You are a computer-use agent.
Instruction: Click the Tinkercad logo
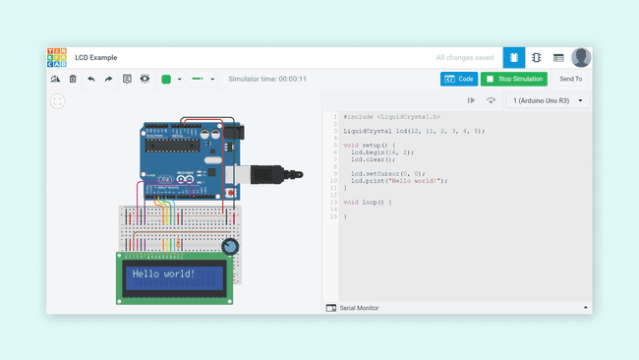click(x=57, y=58)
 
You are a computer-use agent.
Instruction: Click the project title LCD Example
click(x=96, y=58)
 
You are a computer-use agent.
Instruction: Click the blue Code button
click(x=458, y=79)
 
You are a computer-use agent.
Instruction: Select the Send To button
click(x=570, y=79)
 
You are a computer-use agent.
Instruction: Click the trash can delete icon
click(x=73, y=79)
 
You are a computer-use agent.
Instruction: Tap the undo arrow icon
click(x=91, y=79)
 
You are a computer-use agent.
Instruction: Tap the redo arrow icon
click(x=108, y=79)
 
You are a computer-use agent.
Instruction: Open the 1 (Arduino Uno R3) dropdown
click(x=548, y=100)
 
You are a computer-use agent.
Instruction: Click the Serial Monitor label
click(x=359, y=308)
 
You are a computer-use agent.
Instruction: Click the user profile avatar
click(x=581, y=58)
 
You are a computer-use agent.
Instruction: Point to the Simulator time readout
click(x=267, y=79)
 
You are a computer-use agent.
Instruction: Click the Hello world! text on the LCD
click(x=163, y=274)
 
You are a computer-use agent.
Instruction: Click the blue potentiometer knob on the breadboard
click(x=230, y=247)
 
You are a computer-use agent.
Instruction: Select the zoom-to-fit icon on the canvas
click(x=58, y=100)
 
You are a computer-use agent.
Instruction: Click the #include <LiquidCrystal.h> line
click(x=391, y=117)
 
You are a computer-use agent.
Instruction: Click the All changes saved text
click(x=465, y=58)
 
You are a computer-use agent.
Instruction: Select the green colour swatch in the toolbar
click(x=166, y=79)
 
